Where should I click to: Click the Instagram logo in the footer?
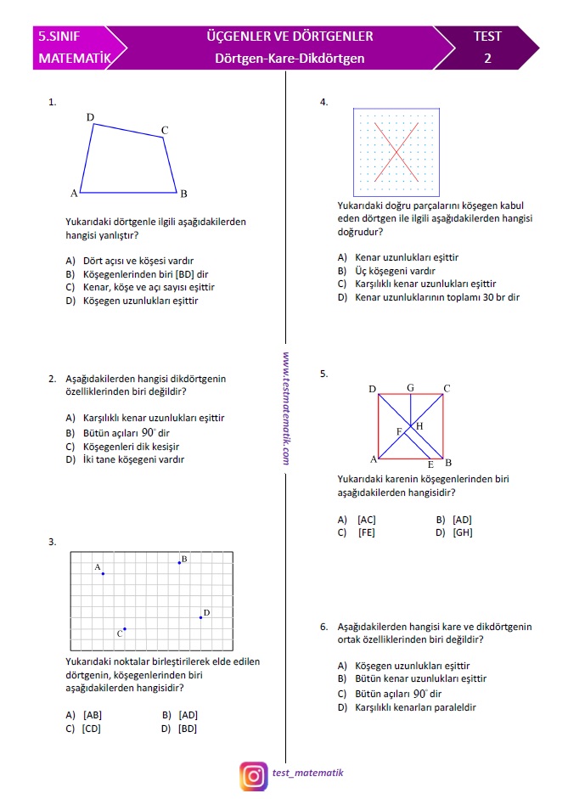coord(253,774)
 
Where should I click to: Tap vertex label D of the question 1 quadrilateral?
coord(90,116)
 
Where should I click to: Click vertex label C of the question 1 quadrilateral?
coord(165,130)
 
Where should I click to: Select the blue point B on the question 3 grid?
coord(179,562)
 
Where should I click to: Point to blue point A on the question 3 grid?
coord(103,574)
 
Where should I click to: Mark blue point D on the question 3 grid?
coord(200,617)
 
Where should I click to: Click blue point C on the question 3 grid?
coord(125,629)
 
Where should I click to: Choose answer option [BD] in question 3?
coord(188,728)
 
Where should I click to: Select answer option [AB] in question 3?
coord(93,714)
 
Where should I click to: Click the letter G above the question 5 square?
coord(410,388)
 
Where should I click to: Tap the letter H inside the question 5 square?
coord(419,425)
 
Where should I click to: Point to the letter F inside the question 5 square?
coord(399,431)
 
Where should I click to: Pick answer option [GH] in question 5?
coord(463,532)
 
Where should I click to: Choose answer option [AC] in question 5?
coord(367,519)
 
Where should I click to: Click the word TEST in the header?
coord(487,37)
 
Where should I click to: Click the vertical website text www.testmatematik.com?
coord(287,408)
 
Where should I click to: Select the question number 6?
coord(324,627)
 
